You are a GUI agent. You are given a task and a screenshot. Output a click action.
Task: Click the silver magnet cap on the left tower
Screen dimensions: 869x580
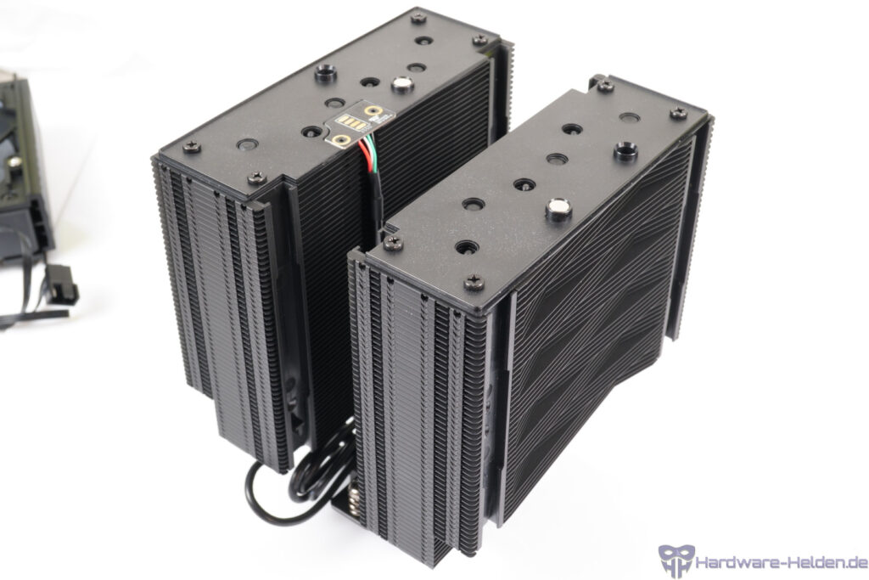[x=402, y=85]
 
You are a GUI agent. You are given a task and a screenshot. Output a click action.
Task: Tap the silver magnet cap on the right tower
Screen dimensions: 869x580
[x=558, y=209]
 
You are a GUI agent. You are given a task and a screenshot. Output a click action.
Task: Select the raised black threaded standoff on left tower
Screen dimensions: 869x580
[x=326, y=73]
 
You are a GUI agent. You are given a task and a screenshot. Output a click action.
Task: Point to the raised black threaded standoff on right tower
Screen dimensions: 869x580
[x=625, y=150]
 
